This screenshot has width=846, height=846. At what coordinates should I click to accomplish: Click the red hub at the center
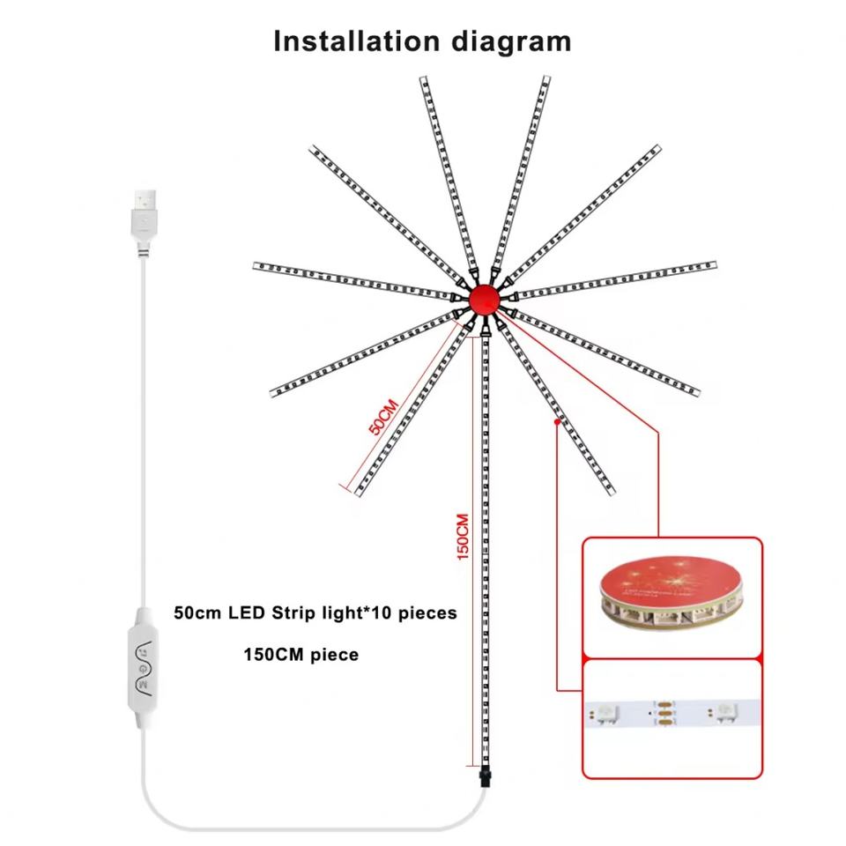coord(483,300)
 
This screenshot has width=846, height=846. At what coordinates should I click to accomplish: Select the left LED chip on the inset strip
coord(609,711)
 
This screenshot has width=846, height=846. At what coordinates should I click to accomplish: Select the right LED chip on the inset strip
coord(726,710)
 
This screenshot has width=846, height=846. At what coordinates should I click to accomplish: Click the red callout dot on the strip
coord(557,423)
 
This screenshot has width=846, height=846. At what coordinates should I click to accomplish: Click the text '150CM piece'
coord(301,656)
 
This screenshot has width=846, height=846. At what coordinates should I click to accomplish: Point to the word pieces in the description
coord(427,613)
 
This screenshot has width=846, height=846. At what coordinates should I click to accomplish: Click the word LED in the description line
coord(244,613)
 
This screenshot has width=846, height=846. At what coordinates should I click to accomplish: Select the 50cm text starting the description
coord(198,613)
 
